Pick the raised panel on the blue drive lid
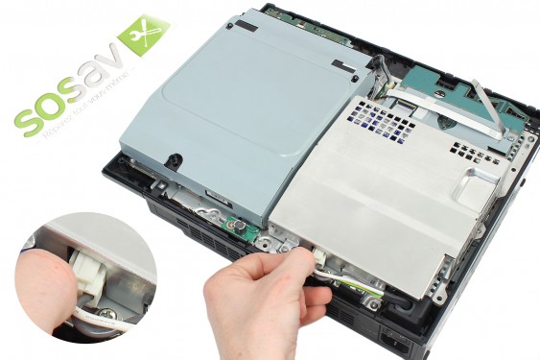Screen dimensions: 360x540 (240, 86)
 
